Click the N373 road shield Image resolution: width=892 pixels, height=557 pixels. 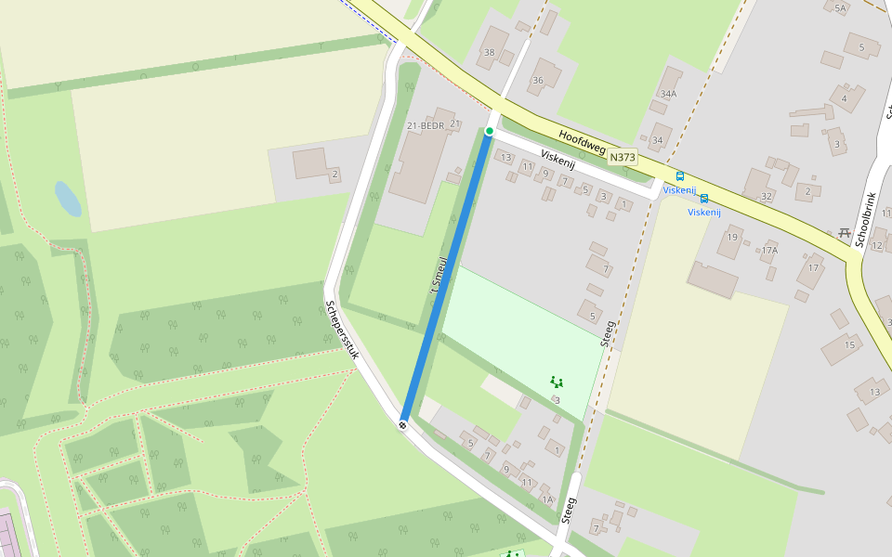point(623,158)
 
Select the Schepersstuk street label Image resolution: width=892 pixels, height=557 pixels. point(341,330)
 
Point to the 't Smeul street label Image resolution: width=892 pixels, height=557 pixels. point(439,278)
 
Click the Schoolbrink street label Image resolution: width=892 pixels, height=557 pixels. point(866,220)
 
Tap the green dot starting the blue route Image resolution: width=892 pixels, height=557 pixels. point(489,131)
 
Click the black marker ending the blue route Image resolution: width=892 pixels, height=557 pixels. point(403,424)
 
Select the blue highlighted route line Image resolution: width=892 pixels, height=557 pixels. point(446,278)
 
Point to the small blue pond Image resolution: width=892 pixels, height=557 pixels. point(67,199)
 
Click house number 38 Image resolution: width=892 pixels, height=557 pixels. point(490,52)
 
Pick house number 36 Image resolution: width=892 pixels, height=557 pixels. point(537,81)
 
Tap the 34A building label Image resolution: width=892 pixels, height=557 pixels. point(668,94)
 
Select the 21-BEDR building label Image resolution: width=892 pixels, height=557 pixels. point(426,125)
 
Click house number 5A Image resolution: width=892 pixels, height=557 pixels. point(841,8)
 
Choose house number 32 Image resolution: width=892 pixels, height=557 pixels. point(767,197)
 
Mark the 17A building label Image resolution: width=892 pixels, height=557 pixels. point(769,251)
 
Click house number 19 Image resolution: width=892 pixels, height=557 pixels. point(732,238)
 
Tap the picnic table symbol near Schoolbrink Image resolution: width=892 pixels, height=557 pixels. point(844,232)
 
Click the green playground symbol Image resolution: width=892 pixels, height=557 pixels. point(556,381)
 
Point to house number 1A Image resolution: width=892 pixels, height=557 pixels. point(547,499)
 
